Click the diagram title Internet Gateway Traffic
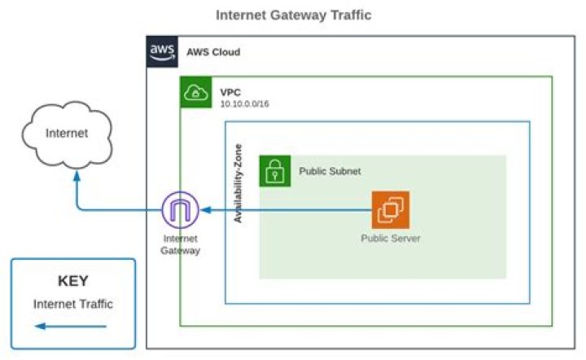pyautogui.click(x=293, y=15)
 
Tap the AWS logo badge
pyautogui.click(x=160, y=50)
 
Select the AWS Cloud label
pyautogui.click(x=213, y=51)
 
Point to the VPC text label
pyautogui.click(x=230, y=91)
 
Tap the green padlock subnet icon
pyautogui.click(x=274, y=171)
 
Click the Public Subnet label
pyautogui.click(x=330, y=172)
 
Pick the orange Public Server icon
pyautogui.click(x=391, y=210)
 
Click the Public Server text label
pyautogui.click(x=391, y=239)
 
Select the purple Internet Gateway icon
pyautogui.click(x=181, y=211)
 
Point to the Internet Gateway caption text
pyautogui.click(x=181, y=245)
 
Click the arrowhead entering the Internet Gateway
pyautogui.click(x=207, y=211)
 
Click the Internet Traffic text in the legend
pyautogui.click(x=72, y=304)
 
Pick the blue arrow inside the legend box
pyautogui.click(x=72, y=327)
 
